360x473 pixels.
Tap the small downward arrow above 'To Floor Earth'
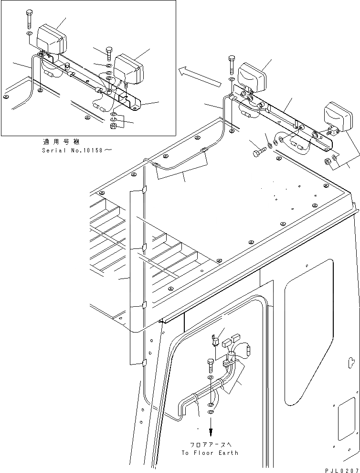(211, 428)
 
